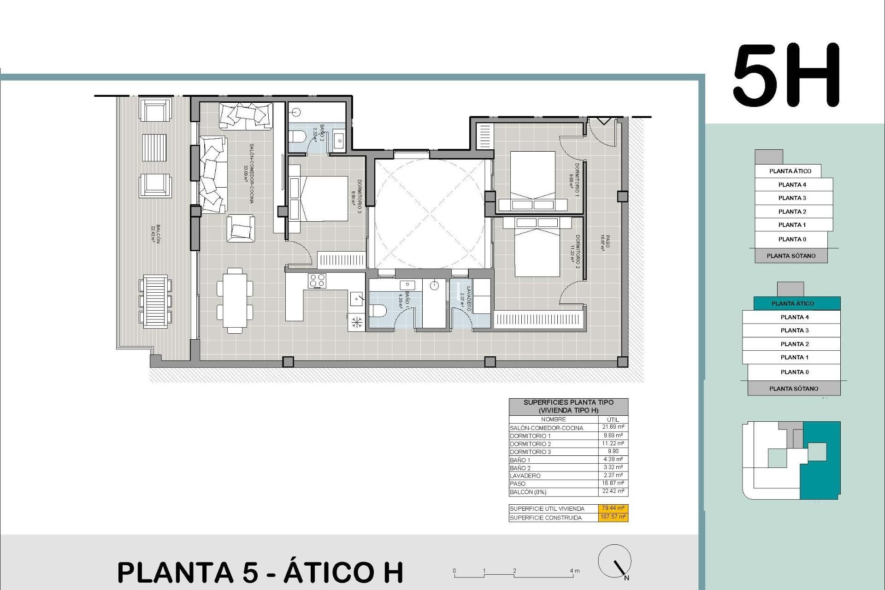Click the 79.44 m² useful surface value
(613, 508)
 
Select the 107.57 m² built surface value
(613, 517)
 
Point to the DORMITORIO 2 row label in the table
(530, 444)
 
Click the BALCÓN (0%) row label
(528, 492)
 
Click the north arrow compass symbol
(615, 561)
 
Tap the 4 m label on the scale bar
(574, 571)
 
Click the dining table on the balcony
(155, 301)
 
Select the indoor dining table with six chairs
(235, 300)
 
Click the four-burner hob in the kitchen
(317, 281)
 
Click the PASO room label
(605, 242)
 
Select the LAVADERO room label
(466, 298)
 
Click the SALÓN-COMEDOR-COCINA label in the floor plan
(249, 173)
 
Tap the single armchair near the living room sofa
(241, 229)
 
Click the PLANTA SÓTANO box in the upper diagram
(791, 256)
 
